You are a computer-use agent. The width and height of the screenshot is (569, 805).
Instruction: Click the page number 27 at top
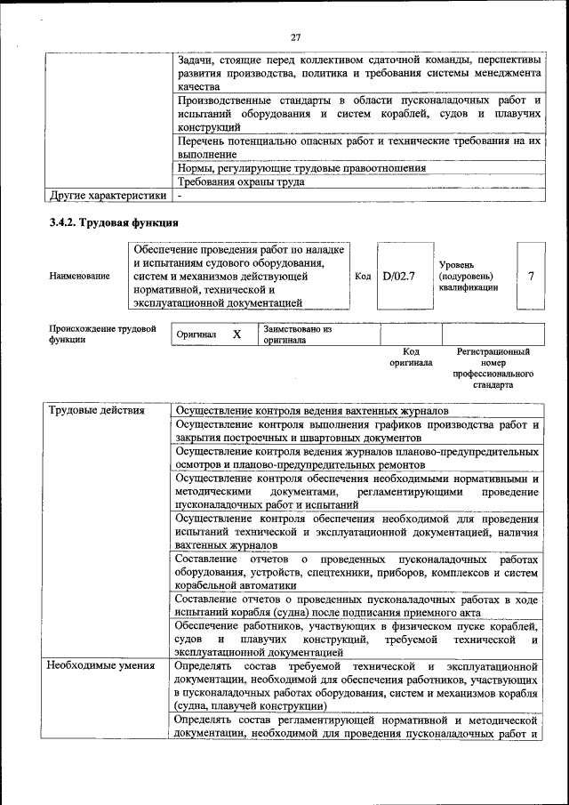[296, 36]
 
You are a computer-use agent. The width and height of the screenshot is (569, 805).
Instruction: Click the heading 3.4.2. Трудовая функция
[115, 222]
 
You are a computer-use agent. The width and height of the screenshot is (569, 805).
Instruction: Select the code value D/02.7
[399, 276]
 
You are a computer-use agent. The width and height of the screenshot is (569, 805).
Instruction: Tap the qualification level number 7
[531, 276]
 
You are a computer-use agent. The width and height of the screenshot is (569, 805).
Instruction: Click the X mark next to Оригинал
[236, 334]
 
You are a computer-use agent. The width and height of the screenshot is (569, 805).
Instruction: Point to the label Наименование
[80, 276]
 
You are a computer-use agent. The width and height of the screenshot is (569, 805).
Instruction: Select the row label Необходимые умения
[96, 664]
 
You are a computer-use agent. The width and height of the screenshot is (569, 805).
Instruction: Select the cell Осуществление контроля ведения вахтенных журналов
[311, 410]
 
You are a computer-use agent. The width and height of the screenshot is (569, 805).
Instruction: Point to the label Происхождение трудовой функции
[96, 334]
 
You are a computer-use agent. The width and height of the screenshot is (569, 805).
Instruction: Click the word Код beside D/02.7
[363, 276]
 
